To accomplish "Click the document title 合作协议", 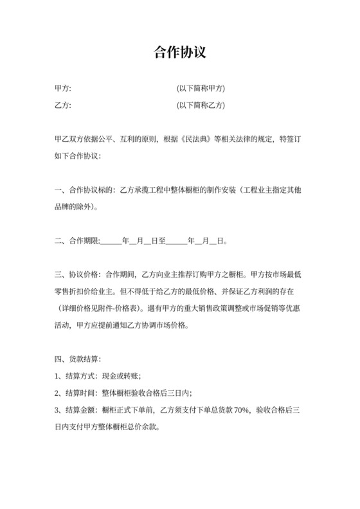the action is [x=180, y=51].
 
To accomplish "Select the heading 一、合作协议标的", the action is [x=83, y=190].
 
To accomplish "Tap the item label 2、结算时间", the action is [x=76, y=392].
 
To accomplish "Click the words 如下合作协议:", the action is [x=77, y=156].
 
